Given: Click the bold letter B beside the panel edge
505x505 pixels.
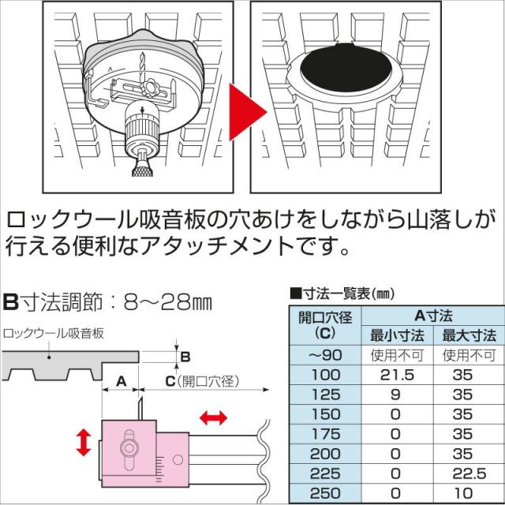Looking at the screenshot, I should click(185, 356).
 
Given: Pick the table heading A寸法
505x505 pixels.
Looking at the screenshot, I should click(433, 315).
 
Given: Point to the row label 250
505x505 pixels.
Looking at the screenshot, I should click(325, 492).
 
